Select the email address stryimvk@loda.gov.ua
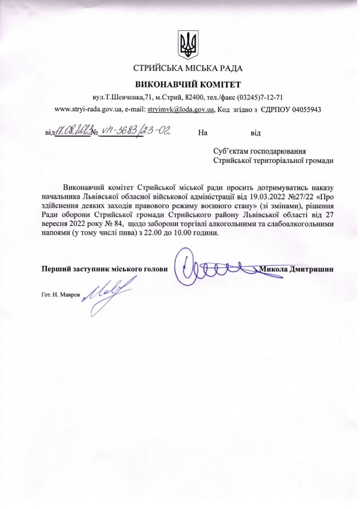(x=181, y=109)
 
